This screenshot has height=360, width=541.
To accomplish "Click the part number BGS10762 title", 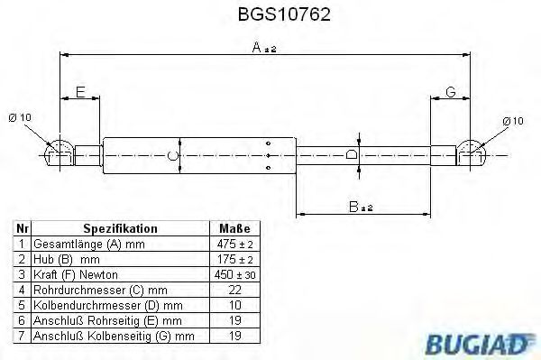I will click(x=270, y=14).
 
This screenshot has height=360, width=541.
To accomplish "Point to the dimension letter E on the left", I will click(x=80, y=92).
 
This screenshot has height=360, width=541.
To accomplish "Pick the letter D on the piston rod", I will click(x=353, y=156).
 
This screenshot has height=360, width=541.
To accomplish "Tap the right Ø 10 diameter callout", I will click(x=511, y=120).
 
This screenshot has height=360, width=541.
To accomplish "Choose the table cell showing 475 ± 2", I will click(x=234, y=245).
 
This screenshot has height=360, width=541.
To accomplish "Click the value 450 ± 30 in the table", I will click(x=234, y=274).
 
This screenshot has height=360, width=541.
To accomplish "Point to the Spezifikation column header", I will click(x=120, y=229).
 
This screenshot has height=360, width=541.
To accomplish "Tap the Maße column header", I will click(x=234, y=229).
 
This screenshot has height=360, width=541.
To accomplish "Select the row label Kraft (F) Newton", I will click(x=76, y=274).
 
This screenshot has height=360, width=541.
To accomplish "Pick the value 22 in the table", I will click(x=234, y=290).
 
